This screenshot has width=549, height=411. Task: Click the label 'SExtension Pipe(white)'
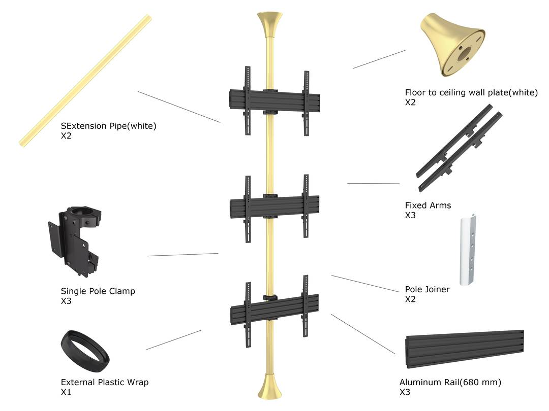click(x=108, y=126)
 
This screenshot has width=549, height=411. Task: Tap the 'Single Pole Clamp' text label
click(x=98, y=291)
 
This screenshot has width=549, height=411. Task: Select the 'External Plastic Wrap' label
click(x=105, y=382)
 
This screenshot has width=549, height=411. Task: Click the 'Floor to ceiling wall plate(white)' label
click(x=471, y=92)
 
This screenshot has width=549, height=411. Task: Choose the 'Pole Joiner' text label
click(x=427, y=289)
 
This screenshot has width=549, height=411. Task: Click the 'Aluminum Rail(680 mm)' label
click(x=453, y=382)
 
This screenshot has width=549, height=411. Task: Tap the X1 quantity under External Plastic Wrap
click(x=66, y=392)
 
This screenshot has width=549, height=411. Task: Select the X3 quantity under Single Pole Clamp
click(x=66, y=301)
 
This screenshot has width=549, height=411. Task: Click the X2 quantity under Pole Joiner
click(x=410, y=299)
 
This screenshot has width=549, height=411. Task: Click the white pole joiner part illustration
click(x=471, y=251)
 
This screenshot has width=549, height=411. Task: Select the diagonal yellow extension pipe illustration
click(x=85, y=81)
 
